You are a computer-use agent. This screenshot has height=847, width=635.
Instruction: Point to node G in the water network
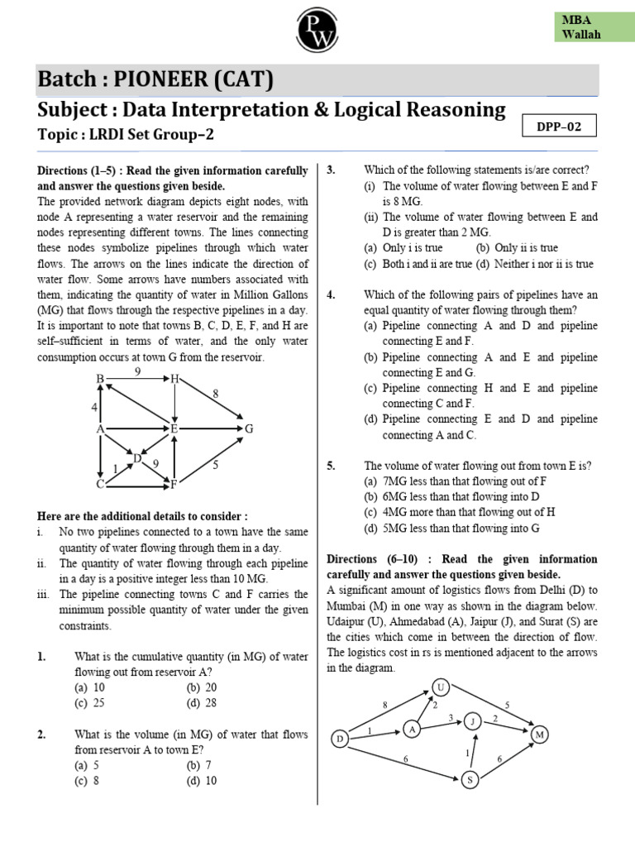(248, 429)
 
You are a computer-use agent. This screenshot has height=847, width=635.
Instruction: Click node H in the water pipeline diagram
(175, 379)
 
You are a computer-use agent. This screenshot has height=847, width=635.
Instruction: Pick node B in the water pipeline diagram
(100, 379)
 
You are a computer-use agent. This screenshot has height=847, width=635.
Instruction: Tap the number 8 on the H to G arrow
(216, 395)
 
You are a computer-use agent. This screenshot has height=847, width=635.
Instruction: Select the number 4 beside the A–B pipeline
(93, 407)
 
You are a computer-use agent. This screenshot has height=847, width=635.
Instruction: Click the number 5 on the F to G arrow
(215, 465)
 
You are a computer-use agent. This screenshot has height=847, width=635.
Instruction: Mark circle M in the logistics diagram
(540, 735)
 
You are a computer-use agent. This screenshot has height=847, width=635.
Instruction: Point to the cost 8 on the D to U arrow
(384, 704)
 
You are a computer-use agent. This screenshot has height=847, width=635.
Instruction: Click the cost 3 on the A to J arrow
(451, 717)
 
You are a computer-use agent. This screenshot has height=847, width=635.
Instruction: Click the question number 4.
(331, 295)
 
